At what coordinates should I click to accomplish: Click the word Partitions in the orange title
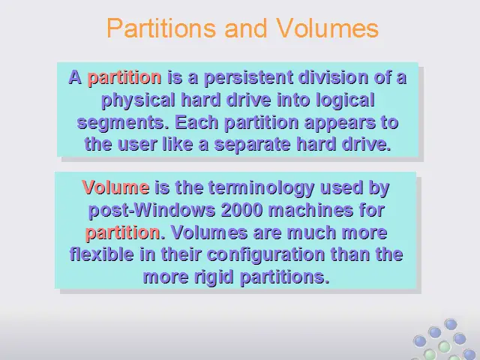click(x=161, y=28)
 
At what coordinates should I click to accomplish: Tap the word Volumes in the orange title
click(x=327, y=28)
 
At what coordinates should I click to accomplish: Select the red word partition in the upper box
click(x=124, y=78)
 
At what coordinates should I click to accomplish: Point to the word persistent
click(x=248, y=78)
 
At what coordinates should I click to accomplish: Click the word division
click(x=333, y=76)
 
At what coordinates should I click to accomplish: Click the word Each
click(x=196, y=122)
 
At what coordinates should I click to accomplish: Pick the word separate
click(x=252, y=145)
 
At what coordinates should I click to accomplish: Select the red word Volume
click(x=115, y=187)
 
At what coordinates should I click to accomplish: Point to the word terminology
click(x=261, y=188)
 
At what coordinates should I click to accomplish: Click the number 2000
click(x=241, y=210)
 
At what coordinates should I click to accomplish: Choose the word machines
click(x=310, y=210)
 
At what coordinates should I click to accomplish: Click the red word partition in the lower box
click(x=122, y=233)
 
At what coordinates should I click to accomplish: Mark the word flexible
click(x=102, y=255)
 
